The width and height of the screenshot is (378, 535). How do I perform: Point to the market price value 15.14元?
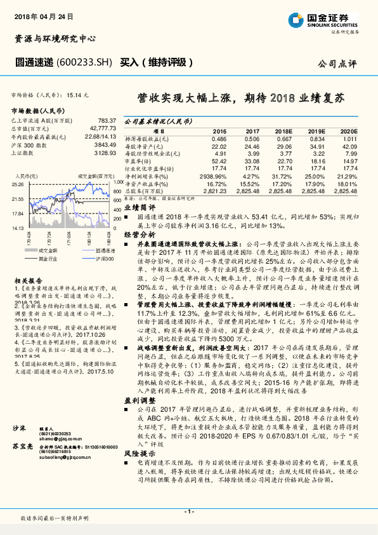(75, 94)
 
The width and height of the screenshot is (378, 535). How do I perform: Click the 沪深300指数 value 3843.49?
(104, 145)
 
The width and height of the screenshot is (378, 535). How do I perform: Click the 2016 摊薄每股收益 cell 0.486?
(219, 138)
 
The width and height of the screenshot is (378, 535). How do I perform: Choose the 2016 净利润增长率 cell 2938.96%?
(214, 175)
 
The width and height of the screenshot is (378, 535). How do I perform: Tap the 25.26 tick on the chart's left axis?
(18, 184)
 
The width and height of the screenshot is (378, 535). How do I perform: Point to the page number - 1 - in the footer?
(188, 511)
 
